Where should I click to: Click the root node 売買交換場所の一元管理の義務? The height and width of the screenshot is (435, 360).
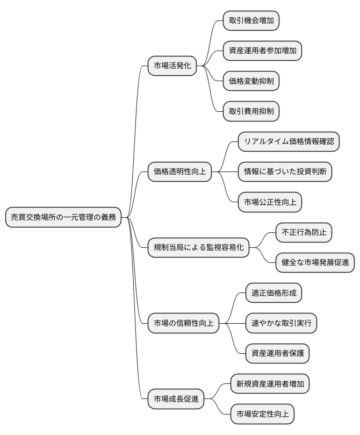63,217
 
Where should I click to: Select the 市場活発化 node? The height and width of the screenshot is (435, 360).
172,66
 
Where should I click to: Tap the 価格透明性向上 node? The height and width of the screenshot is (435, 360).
179,172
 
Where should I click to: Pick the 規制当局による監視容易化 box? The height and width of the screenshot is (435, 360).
199,248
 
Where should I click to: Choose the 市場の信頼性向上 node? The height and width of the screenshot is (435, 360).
183,324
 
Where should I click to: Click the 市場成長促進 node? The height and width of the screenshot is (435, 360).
176,400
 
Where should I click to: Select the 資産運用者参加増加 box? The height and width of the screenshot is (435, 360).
262,51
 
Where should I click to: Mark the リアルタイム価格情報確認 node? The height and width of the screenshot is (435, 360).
289,142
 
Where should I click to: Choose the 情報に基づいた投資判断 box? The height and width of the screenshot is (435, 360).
285,172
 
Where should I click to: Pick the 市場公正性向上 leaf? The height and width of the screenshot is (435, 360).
270,203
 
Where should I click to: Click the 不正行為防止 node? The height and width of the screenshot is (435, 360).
304,233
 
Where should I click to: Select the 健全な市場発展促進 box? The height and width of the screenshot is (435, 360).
315,263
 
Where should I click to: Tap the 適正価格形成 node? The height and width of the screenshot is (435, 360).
273,294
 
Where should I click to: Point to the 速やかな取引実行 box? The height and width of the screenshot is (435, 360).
281,324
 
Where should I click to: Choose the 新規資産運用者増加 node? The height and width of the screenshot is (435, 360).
270,384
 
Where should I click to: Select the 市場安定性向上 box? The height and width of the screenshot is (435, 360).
262,415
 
